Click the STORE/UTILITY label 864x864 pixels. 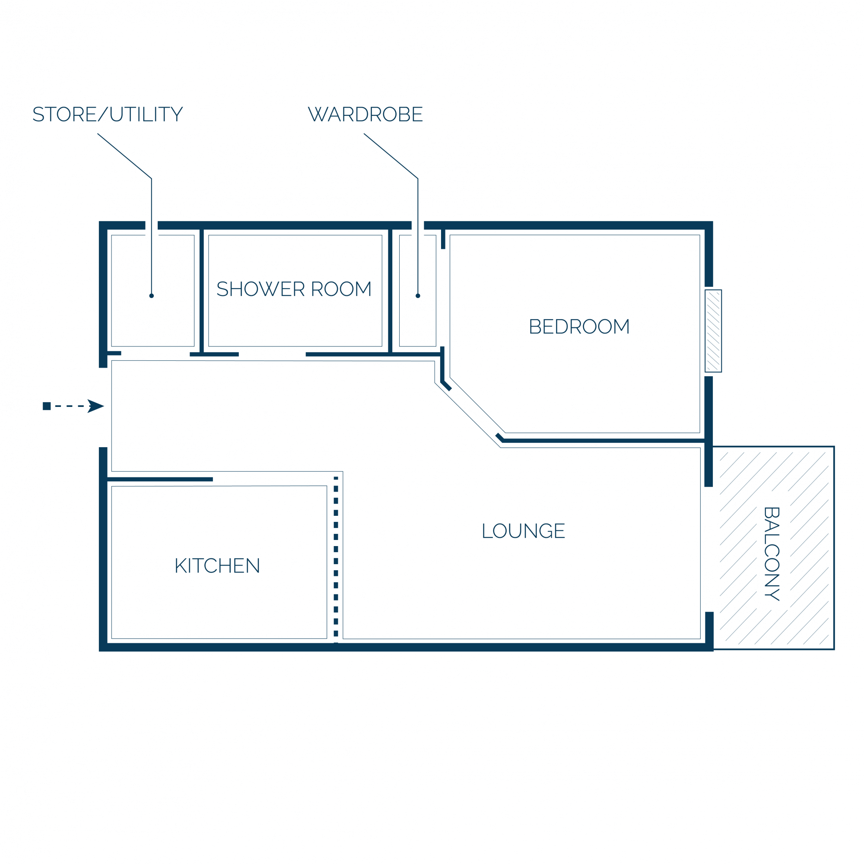tap(108, 114)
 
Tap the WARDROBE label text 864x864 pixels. tap(365, 114)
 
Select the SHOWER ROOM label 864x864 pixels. tap(294, 289)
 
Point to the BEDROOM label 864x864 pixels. tap(579, 327)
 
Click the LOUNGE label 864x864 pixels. tap(523, 531)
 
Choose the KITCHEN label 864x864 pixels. tap(217, 566)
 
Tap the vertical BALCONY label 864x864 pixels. tap(772, 554)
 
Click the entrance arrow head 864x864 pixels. tap(96, 406)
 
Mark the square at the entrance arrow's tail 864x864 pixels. tap(47, 406)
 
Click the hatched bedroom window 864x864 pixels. tap(713, 331)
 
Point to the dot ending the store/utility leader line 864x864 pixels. tap(152, 295)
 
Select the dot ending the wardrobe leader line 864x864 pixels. tap(418, 295)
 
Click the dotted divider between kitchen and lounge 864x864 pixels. tap(336, 560)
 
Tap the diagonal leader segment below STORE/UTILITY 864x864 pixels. tap(125, 156)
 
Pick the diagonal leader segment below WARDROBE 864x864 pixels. tap(391, 156)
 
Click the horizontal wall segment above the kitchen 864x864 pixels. tap(160, 480)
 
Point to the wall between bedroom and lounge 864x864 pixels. tap(604, 441)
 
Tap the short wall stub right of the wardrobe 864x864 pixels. tap(443, 239)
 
